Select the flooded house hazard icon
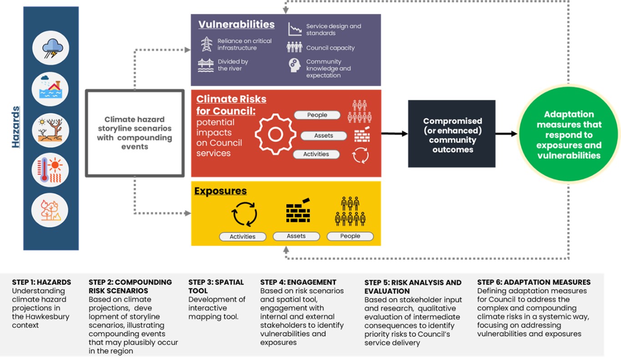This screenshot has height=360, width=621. tap(50, 89)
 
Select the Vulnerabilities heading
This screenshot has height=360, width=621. tap(236, 24)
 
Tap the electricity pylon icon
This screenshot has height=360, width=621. tap(207, 44)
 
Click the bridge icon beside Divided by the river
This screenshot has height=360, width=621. tap(206, 66)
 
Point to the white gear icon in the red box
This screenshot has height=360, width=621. tap(275, 134)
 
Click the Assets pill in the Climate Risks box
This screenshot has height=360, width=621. tap(323, 136)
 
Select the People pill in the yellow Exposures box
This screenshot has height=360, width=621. tap(350, 236)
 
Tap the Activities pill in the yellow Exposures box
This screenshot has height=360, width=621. tap(242, 237)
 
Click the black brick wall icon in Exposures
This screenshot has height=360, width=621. tap(298, 211)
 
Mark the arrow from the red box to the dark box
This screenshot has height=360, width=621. tap(394, 133)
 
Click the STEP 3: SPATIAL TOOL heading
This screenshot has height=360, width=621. tap(216, 286)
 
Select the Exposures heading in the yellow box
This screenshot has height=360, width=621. tap(220, 191)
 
